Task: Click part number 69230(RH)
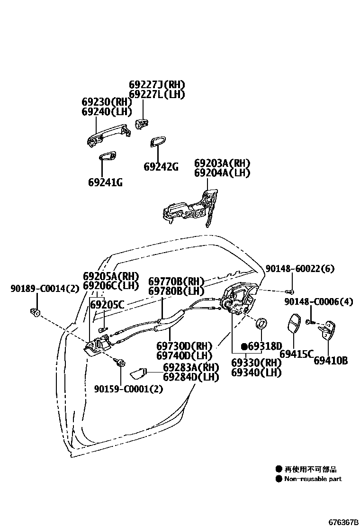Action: point(105,102)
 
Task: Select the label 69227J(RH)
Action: point(156,85)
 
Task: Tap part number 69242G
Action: point(161,167)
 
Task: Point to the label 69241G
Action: point(105,182)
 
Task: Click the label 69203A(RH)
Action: point(222,163)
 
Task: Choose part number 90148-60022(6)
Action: point(299,269)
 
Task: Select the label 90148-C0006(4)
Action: point(318,302)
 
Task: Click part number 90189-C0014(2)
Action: point(45,288)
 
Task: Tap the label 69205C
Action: point(107,304)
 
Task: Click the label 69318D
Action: point(264,345)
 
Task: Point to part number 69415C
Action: point(296,354)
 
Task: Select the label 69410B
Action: point(331,361)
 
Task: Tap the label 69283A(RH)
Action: point(191,368)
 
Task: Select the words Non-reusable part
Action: point(313,479)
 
